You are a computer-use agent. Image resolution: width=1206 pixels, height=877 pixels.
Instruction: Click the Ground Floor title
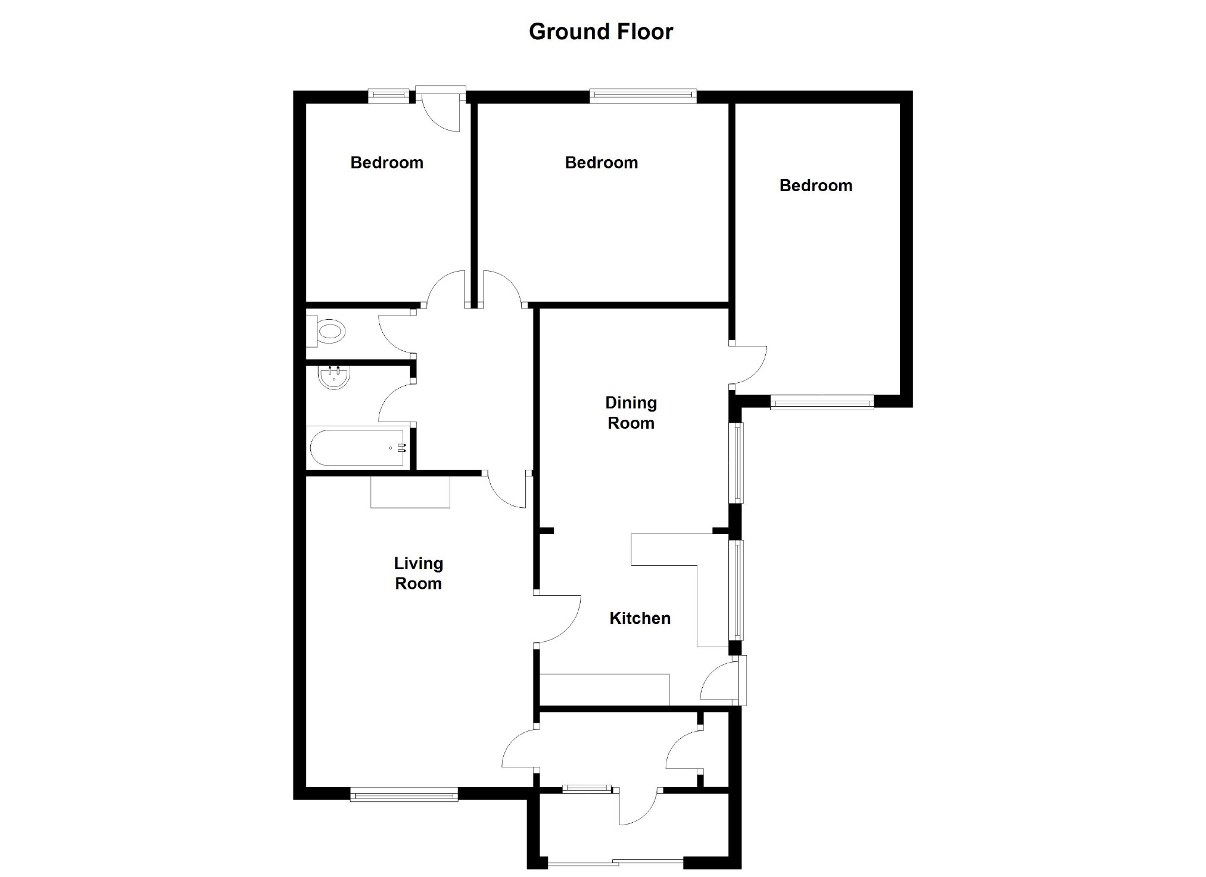(x=601, y=32)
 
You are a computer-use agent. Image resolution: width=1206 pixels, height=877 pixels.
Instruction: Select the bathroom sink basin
(x=334, y=377)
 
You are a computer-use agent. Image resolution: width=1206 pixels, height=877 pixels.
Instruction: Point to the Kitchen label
(x=640, y=618)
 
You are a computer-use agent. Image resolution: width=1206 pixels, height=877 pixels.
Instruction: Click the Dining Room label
(x=631, y=413)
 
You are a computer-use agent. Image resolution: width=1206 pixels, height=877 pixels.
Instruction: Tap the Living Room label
(x=418, y=573)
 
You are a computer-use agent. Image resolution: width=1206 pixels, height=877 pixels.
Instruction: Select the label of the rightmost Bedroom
(x=815, y=185)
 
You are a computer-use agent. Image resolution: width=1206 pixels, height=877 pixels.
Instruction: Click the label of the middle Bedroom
(x=601, y=163)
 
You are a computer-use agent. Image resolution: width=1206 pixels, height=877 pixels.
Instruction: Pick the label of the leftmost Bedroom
(x=387, y=163)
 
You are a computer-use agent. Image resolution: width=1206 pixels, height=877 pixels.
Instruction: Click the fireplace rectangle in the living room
(x=410, y=492)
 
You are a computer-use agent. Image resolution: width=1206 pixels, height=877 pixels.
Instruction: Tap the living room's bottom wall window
(x=404, y=794)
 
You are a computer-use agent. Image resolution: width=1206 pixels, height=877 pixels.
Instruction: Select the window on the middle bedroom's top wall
(x=643, y=95)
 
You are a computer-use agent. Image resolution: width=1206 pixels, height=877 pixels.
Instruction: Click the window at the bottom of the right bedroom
(x=822, y=402)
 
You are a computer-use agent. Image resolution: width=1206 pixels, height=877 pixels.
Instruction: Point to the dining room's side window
(x=737, y=463)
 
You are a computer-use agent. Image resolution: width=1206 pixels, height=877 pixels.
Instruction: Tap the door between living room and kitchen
(x=557, y=619)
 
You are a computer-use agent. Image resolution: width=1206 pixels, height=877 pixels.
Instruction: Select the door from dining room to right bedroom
(x=748, y=364)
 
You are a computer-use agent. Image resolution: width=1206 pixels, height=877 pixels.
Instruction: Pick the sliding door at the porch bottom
(x=615, y=862)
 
